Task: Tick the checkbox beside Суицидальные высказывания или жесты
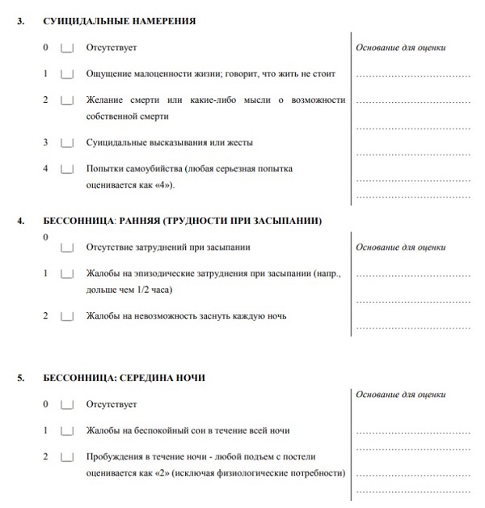click(67, 142)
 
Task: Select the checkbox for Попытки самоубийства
click(67, 169)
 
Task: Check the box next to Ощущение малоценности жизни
click(67, 74)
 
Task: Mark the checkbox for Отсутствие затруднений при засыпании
click(67, 248)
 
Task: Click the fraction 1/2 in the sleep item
click(141, 289)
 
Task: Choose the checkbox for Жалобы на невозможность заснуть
click(67, 315)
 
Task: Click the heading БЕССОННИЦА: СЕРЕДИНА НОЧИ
click(124, 377)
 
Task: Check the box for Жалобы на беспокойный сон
click(67, 431)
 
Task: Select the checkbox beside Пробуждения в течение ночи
click(67, 458)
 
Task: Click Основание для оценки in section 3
click(401, 48)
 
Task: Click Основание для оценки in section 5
click(401, 394)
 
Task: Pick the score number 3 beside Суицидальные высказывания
click(45, 142)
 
